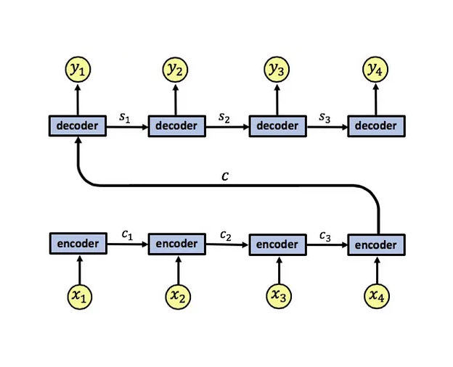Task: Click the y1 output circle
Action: (x=77, y=70)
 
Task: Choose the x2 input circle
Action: (x=177, y=295)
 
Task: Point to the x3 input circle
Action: (x=277, y=295)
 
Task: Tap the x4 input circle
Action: (x=376, y=295)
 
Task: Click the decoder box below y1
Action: (x=77, y=125)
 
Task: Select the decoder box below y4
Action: (x=376, y=125)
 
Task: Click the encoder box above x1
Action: (x=77, y=244)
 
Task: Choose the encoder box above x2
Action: (x=177, y=244)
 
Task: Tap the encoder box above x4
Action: (x=376, y=245)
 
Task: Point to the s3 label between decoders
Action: (x=326, y=116)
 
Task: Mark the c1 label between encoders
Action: (x=126, y=234)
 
